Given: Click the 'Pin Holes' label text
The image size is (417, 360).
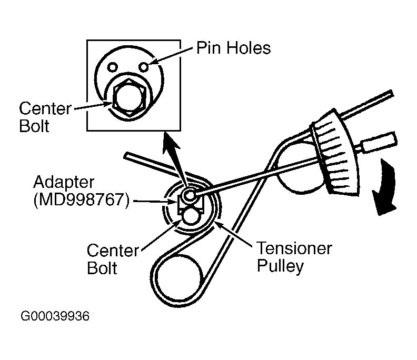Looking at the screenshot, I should pos(233,48).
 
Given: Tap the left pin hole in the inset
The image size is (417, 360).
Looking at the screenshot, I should pos(112,67).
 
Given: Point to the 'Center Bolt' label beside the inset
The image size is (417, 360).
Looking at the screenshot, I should pos(45,117).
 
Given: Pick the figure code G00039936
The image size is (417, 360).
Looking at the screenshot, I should pos(55,317).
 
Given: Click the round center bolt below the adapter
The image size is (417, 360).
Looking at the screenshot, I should pos(189,216).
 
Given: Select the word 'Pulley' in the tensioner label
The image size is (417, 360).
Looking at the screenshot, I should pos(280,266).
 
